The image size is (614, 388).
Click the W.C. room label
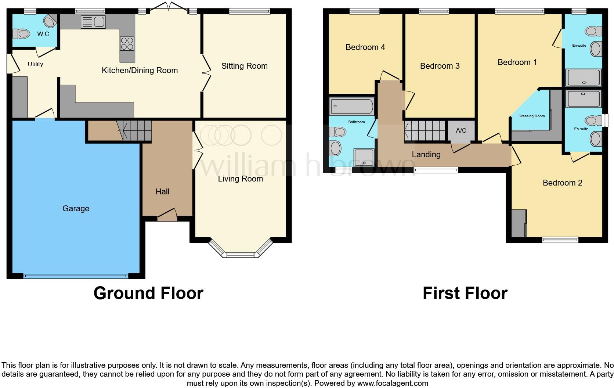click(x=44, y=34)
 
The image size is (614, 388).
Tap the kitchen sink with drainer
click(x=93, y=22)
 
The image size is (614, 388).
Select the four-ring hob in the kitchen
click(x=127, y=44)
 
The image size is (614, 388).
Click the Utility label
click(x=35, y=64)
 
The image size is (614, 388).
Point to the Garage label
click(x=76, y=208)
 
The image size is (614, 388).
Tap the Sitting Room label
click(x=244, y=66)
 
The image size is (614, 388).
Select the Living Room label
click(x=240, y=179)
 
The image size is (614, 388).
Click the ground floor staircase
click(x=136, y=130)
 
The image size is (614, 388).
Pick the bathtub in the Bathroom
click(x=351, y=107)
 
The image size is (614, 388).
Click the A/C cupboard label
click(x=461, y=130)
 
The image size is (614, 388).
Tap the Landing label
click(x=426, y=155)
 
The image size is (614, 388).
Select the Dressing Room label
click(x=531, y=116)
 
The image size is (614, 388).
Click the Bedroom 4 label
click(x=365, y=47)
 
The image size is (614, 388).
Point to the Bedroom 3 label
click(x=440, y=66)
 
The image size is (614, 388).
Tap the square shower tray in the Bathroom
click(x=364, y=158)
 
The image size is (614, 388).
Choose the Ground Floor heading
click(x=148, y=293)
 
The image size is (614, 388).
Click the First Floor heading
click(x=465, y=293)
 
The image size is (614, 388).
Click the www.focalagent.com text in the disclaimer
click(x=392, y=383)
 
